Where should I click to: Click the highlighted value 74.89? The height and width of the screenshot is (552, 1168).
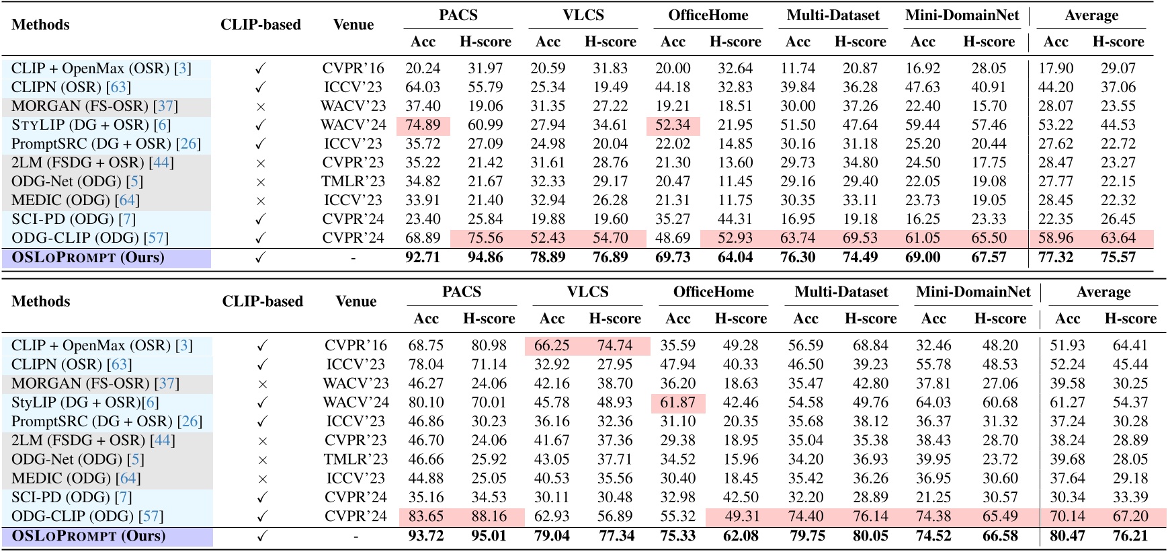pos(423,125)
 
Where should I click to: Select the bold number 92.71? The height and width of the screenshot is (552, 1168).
pos(423,258)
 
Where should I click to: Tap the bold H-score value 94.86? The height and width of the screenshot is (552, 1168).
pos(485,258)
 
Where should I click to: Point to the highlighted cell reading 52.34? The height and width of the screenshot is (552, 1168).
pos(673,125)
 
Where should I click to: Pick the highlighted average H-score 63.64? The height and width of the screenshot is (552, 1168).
pos(1118,238)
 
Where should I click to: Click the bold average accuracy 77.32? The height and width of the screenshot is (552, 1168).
pos(1055,258)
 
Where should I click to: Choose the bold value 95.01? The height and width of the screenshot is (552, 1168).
pos(489,536)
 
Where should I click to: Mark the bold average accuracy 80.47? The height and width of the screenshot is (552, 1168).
pos(1067,536)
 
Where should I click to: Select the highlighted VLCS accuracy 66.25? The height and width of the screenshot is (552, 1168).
pos(552,346)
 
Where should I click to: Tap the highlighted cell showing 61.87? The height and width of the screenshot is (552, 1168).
pos(677,402)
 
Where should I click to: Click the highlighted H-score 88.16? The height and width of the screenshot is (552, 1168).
pos(489,516)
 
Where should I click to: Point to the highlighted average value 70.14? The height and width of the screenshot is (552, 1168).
pos(1067,516)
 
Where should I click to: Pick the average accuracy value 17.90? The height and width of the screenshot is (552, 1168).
pos(1055,69)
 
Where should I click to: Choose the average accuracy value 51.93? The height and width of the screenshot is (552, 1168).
pos(1067,346)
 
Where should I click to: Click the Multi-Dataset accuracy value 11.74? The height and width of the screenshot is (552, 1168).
pos(798,69)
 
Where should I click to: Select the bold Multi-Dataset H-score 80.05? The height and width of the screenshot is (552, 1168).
pos(870,536)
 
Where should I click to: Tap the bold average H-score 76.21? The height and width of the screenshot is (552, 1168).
pos(1130,536)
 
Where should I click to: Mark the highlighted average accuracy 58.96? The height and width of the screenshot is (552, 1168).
pos(1055,238)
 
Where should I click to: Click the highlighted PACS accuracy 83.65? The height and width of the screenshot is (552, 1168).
pos(426,516)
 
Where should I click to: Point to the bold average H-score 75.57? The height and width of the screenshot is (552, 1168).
pos(1118,258)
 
